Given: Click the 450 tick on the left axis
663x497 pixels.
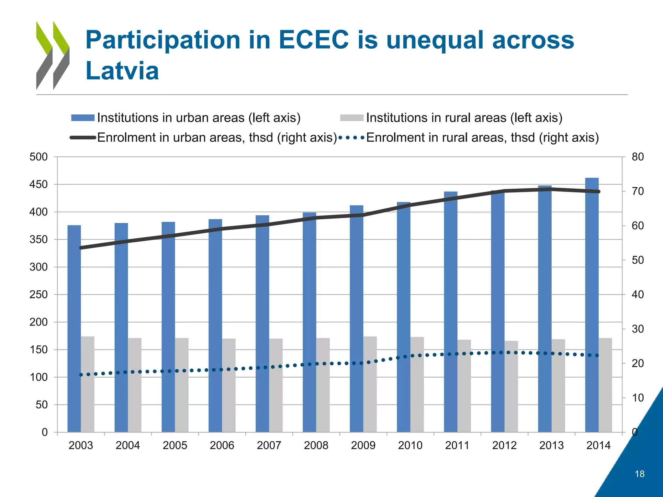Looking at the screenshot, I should (39, 184).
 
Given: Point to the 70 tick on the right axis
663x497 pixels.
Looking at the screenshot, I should (637, 191).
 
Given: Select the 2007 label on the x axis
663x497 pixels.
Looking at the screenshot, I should (269, 446).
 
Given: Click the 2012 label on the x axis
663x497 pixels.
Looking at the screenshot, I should (504, 446).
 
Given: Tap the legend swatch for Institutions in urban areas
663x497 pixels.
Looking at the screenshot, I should (83, 118).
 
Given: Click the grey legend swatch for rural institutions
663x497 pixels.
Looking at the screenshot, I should (352, 118).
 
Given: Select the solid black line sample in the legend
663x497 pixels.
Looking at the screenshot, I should (83, 138).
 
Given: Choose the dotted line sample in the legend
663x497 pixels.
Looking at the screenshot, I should (352, 138).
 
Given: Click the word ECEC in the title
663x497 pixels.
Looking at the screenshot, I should (314, 40).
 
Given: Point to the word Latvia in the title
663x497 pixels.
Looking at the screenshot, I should (122, 71).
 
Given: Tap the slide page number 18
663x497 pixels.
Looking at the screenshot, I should (639, 474).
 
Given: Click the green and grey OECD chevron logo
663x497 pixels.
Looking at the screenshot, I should (53, 55).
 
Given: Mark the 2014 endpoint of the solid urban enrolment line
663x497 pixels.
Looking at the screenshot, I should (599, 192).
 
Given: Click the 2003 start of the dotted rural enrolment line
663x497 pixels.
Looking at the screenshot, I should (81, 375).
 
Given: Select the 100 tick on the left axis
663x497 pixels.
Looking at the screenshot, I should (39, 377).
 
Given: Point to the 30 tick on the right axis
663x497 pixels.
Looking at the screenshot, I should (637, 329).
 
